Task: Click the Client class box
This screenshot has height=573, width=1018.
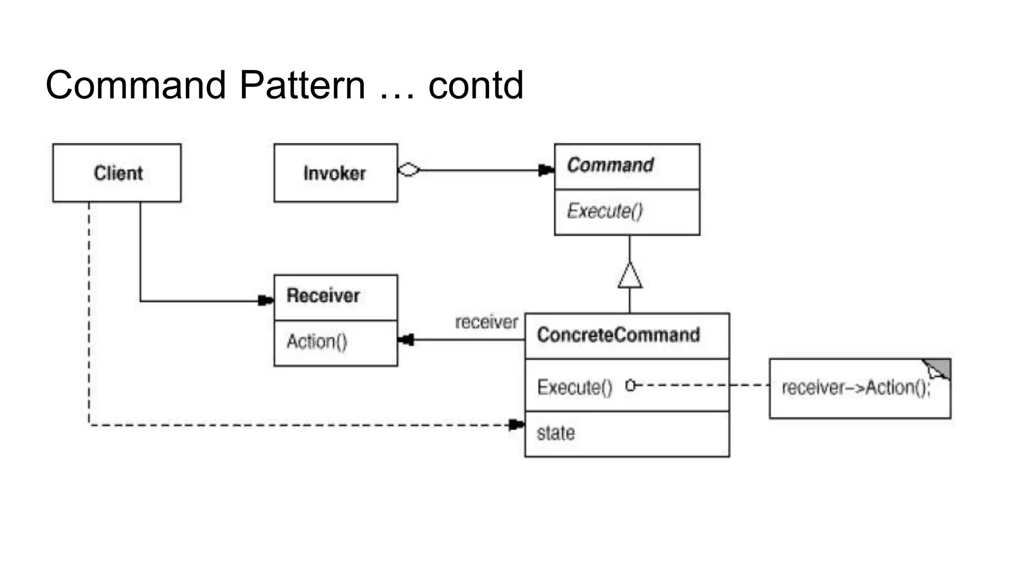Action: pos(117,173)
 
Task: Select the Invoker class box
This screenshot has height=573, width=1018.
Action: pos(335,173)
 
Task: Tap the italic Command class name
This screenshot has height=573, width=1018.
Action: pos(610,165)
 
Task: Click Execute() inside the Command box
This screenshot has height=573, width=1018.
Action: pos(604,211)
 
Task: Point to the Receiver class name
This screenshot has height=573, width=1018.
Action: pos(323,296)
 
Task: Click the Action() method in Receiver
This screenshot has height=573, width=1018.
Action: pos(317,342)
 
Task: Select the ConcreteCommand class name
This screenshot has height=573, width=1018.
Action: pos(618,335)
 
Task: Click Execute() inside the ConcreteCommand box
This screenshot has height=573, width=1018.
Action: pos(575,387)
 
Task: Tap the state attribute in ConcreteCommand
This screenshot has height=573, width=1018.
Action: pos(556,433)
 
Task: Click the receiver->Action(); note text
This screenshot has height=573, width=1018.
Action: pos(855,387)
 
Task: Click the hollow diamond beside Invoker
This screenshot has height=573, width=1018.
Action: pos(409,170)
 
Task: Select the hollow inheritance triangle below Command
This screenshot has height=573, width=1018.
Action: pos(630,277)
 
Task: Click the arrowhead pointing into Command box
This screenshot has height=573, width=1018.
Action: pos(546,170)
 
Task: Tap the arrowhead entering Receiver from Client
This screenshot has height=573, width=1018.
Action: pos(266,300)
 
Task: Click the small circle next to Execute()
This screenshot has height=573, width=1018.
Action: pos(630,385)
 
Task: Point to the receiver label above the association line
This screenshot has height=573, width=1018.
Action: pos(486,322)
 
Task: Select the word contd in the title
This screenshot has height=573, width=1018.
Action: pos(476,85)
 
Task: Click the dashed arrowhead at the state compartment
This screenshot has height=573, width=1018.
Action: pos(516,425)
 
